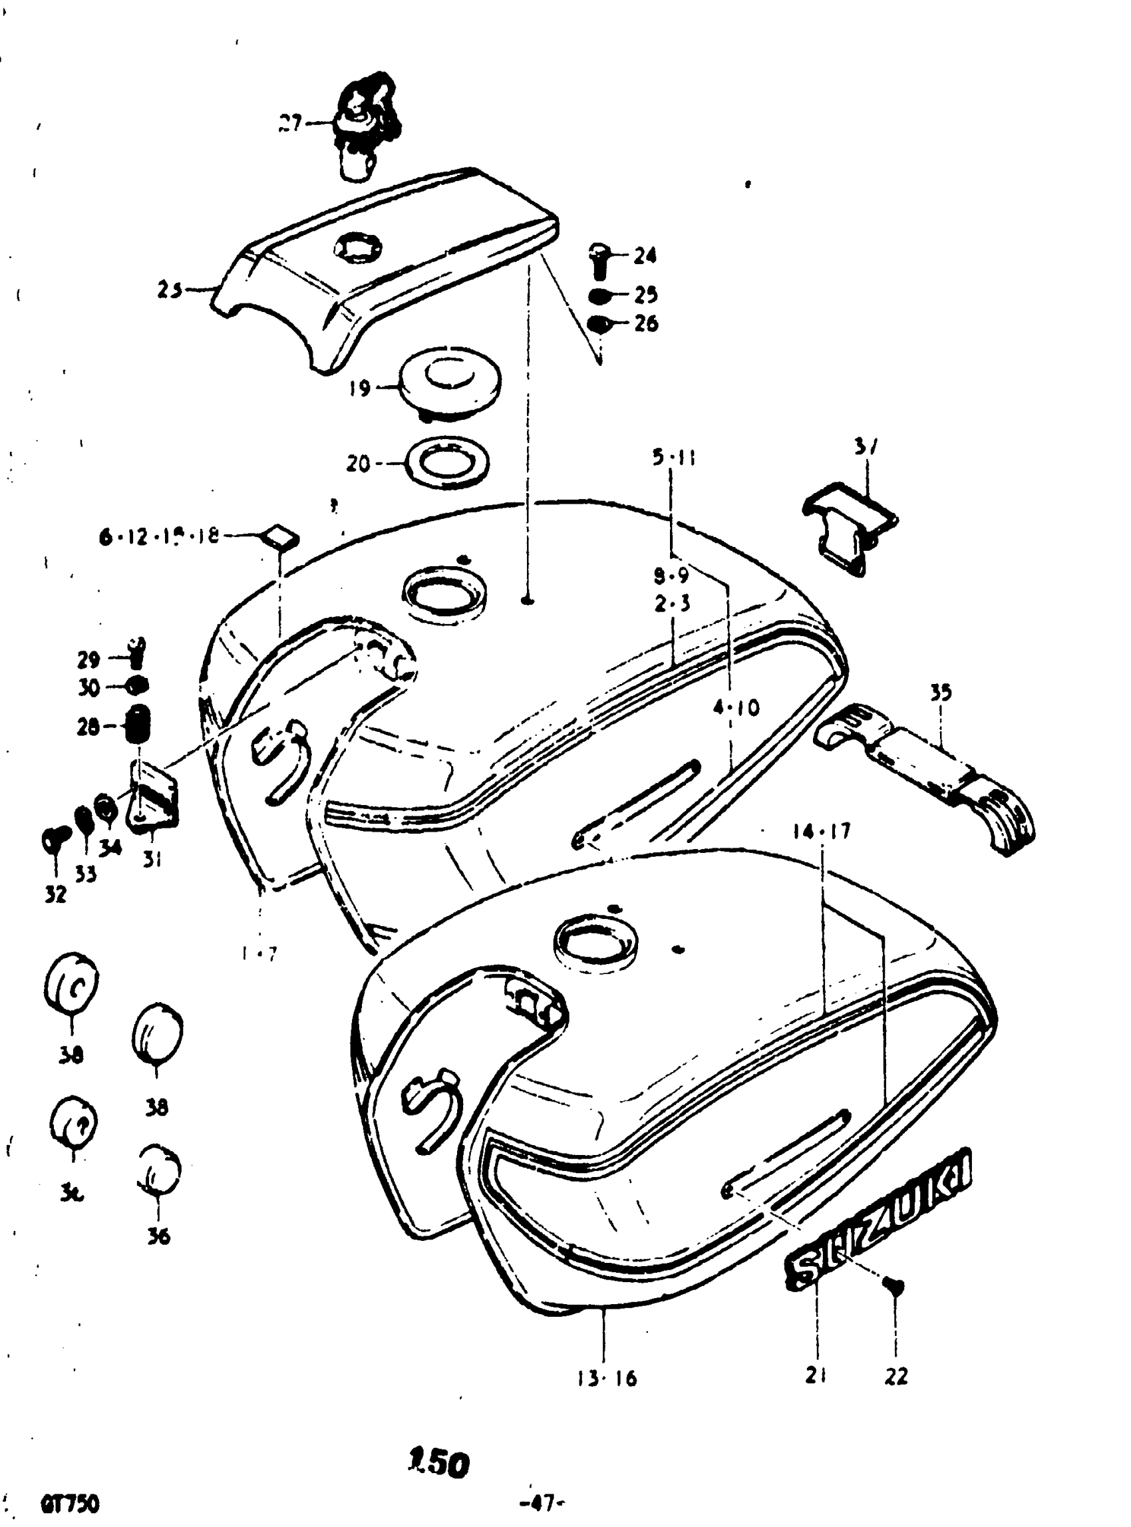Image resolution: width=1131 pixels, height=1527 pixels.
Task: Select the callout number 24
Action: coord(644,256)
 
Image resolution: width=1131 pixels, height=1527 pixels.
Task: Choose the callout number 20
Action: coord(358,464)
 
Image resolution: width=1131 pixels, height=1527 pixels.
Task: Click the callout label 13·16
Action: coord(606,1377)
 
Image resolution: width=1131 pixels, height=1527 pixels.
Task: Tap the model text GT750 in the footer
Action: coord(70,1504)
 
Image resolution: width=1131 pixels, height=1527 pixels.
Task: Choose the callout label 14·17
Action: coord(821,831)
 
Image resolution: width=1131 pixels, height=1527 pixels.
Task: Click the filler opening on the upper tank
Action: coord(444,588)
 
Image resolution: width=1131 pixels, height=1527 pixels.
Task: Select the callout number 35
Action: coord(941,691)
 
